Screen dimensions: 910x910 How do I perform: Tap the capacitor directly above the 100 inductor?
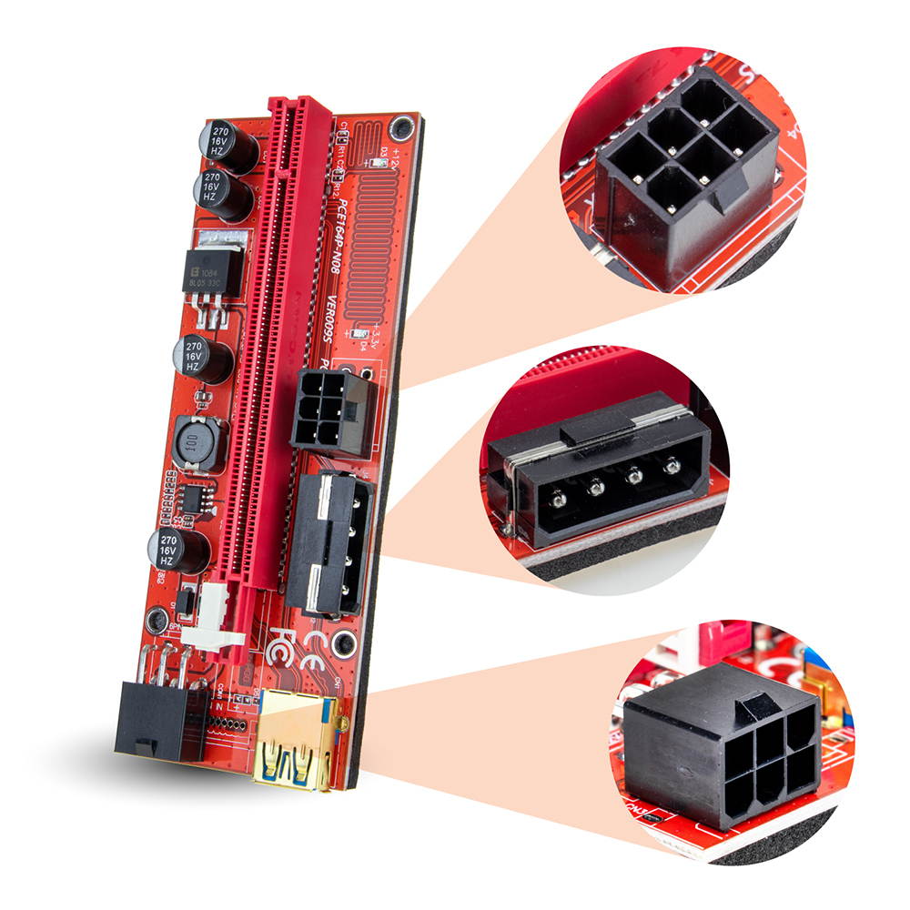pyautogui.click(x=202, y=359)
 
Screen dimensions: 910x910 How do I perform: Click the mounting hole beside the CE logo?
pyautogui.click(x=343, y=644)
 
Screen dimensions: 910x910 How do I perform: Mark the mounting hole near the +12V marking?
pyautogui.click(x=397, y=126)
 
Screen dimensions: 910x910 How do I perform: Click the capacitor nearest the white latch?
pyautogui.click(x=179, y=551)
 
